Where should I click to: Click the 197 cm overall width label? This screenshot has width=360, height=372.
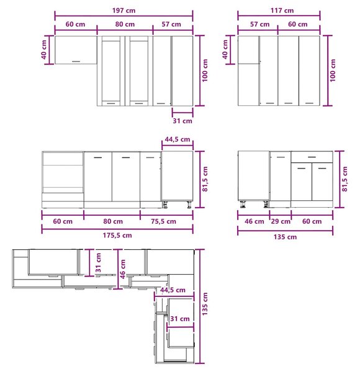coord(124,11)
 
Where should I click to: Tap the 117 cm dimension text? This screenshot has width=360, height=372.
coord(282,11)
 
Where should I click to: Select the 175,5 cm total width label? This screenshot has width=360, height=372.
coord(117,236)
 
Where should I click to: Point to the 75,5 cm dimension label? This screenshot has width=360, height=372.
coord(164,221)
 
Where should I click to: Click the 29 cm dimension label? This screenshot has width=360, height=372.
coord(281,221)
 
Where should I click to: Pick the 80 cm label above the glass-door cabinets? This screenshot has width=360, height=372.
coord(125,24)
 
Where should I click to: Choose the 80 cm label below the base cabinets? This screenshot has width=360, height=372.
coord(113,221)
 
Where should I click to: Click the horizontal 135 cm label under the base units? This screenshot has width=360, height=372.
coord(285,237)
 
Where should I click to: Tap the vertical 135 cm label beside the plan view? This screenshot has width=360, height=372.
coord(205,304)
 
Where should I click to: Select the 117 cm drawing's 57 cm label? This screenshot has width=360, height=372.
coord(260,24)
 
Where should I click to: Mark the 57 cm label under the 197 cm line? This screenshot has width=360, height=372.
coord(171,24)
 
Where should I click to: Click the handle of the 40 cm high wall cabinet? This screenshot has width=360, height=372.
coord(76,61)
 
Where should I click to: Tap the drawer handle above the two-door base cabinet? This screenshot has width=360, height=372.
coord(312,157)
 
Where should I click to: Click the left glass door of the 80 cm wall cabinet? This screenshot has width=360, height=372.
coord(111,71)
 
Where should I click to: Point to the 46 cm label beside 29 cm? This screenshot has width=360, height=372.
coord(254,221)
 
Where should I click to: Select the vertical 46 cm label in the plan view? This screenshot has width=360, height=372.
coord(122,269)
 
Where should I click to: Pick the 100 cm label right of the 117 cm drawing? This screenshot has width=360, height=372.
coord(333,71)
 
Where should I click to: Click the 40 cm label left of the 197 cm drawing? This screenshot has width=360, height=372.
coord(44,50)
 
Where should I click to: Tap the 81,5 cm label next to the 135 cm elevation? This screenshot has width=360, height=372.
coord(345,179)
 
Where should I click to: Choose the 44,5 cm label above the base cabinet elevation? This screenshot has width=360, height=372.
coord(178,139)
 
